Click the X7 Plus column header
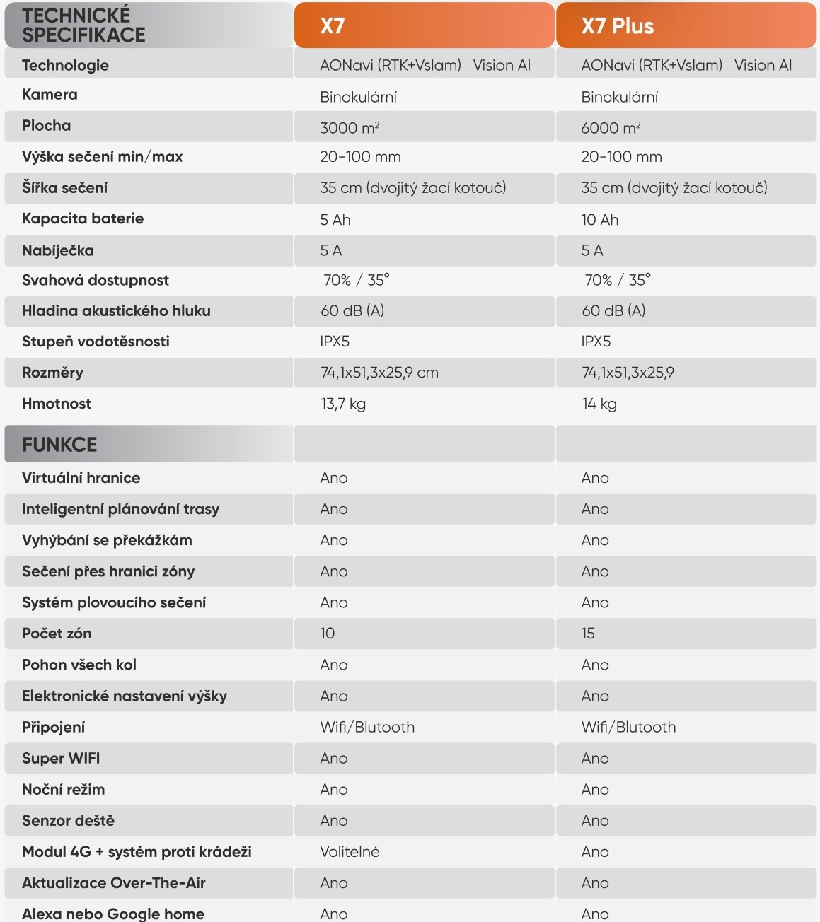[x=617, y=26]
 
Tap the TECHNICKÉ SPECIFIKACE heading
[x=83, y=25]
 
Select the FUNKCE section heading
[x=59, y=445]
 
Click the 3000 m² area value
[x=350, y=128]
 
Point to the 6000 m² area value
[x=611, y=128]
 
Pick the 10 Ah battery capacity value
[x=599, y=220]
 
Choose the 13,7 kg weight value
[x=342, y=404]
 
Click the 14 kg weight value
[x=599, y=404]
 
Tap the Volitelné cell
[x=350, y=852]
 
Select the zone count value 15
[x=588, y=634]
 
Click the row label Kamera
[x=50, y=95]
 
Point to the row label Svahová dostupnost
[x=96, y=281]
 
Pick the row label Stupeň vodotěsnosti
[x=96, y=342]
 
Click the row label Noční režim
[x=63, y=790]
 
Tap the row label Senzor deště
[x=68, y=821]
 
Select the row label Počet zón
[x=57, y=634]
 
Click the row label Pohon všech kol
[x=79, y=665]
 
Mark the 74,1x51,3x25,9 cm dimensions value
[x=379, y=373]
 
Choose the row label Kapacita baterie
[x=83, y=218]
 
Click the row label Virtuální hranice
[x=81, y=478]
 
